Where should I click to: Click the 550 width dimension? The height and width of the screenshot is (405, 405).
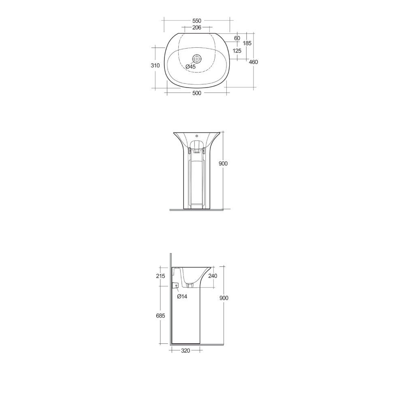click(196, 21)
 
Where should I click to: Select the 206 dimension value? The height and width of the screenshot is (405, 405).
click(197, 28)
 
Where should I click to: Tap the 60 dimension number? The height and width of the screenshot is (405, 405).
click(237, 38)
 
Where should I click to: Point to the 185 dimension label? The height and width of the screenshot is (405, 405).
click(247, 43)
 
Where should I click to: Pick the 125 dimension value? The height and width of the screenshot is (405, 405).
click(237, 51)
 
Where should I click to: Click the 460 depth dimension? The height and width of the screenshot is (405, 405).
click(254, 62)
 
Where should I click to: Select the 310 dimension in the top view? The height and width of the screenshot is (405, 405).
click(155, 66)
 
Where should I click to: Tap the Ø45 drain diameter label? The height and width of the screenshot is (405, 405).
click(191, 67)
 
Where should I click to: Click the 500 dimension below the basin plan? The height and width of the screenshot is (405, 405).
click(196, 93)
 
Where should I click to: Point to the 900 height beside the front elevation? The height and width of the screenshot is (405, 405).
click(223, 164)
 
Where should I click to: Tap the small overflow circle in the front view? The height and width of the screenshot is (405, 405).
click(197, 136)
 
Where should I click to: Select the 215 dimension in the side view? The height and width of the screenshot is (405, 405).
click(161, 276)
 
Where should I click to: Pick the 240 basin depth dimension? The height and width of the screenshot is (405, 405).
click(213, 276)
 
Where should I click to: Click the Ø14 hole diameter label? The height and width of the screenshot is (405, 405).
click(182, 296)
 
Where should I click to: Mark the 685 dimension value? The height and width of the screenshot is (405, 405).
click(161, 316)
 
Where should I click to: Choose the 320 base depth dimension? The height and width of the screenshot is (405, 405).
click(185, 351)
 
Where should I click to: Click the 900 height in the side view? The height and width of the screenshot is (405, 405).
click(224, 298)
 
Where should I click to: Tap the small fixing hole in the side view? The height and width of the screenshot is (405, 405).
click(177, 286)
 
